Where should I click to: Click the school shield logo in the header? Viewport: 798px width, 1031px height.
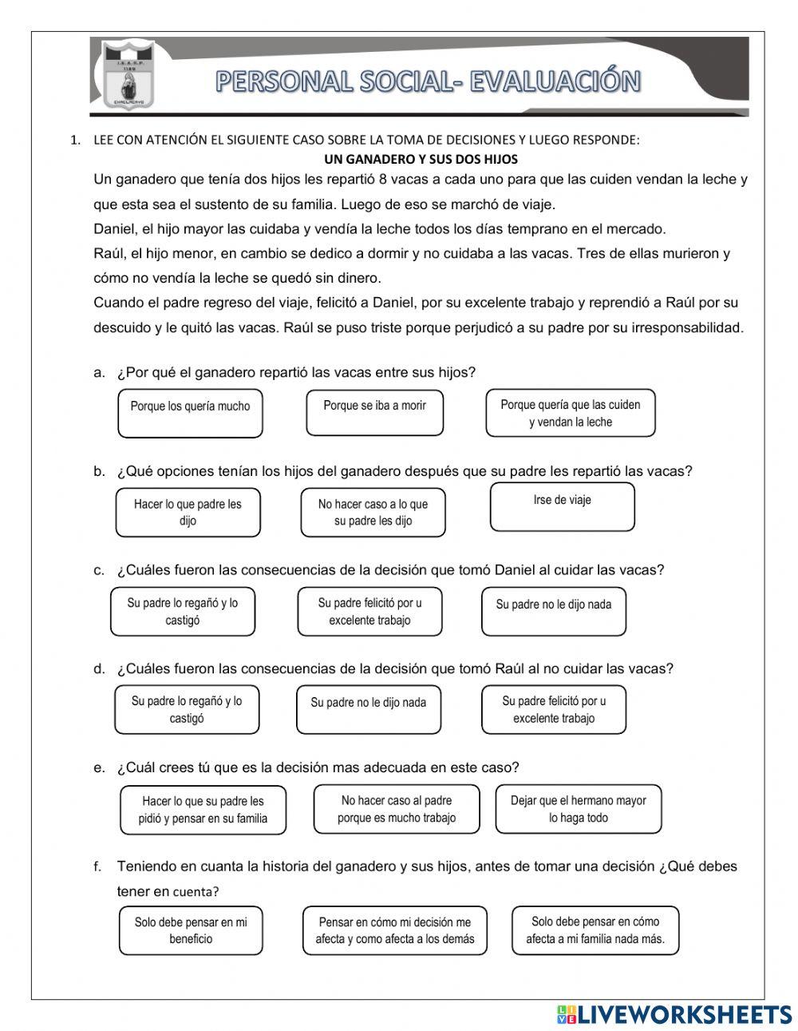(x=127, y=76)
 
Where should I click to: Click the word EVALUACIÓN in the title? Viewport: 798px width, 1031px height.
(x=554, y=81)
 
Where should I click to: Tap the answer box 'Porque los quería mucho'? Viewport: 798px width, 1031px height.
(x=190, y=413)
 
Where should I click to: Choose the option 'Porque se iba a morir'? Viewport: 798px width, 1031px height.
(x=374, y=412)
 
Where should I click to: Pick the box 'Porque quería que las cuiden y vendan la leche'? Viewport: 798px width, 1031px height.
(x=570, y=413)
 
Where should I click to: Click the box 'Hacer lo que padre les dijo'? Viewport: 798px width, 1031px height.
(x=188, y=513)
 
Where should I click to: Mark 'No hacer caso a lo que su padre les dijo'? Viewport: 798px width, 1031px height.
(x=373, y=513)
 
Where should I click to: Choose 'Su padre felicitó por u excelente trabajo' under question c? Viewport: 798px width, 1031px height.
(x=369, y=612)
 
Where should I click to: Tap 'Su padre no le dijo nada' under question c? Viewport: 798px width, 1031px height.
(x=554, y=612)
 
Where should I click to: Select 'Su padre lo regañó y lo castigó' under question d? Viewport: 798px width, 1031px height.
(x=187, y=709)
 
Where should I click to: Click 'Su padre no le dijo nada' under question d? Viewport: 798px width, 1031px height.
(x=368, y=709)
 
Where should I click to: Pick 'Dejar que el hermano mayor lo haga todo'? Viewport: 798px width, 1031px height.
(x=578, y=809)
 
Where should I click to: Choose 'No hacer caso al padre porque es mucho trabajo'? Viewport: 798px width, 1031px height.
(x=397, y=809)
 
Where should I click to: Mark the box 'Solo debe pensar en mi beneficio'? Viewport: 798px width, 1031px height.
(x=191, y=930)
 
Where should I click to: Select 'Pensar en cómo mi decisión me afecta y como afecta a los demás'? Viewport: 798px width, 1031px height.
(x=394, y=930)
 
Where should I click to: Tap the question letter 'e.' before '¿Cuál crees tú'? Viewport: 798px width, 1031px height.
(x=99, y=768)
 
